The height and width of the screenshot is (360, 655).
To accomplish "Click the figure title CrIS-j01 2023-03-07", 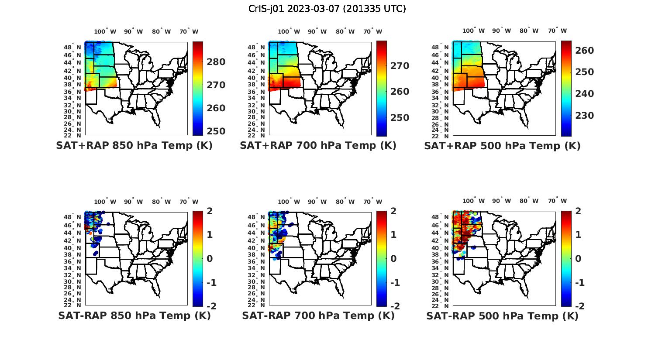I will click(327, 9).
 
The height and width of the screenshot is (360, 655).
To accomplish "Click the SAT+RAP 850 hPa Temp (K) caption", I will click(134, 146).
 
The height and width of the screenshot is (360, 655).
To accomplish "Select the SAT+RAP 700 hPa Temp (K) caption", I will click(318, 146).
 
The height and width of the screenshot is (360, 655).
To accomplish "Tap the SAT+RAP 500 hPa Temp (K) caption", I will click(502, 146).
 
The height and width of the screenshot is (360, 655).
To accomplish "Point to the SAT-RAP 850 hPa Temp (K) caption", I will click(134, 315).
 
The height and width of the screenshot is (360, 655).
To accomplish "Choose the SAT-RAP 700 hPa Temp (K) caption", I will click(318, 315).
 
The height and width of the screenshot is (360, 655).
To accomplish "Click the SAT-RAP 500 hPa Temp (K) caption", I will click(502, 315).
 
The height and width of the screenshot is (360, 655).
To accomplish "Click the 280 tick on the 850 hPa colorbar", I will click(216, 62).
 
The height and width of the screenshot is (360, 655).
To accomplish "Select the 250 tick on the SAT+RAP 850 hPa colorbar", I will click(216, 131).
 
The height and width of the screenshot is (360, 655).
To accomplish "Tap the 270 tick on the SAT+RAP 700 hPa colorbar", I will click(400, 66).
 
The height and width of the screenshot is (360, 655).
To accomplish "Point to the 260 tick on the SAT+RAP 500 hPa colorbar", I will click(585, 51).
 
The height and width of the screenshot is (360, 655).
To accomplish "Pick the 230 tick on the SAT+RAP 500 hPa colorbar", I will click(585, 116).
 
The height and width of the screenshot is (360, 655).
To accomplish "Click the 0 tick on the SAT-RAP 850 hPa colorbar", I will click(210, 259).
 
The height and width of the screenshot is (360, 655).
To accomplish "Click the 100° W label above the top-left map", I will click(105, 31).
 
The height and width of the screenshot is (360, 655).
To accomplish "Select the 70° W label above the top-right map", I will click(557, 31).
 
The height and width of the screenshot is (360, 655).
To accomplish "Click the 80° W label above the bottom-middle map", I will click(345, 202).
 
